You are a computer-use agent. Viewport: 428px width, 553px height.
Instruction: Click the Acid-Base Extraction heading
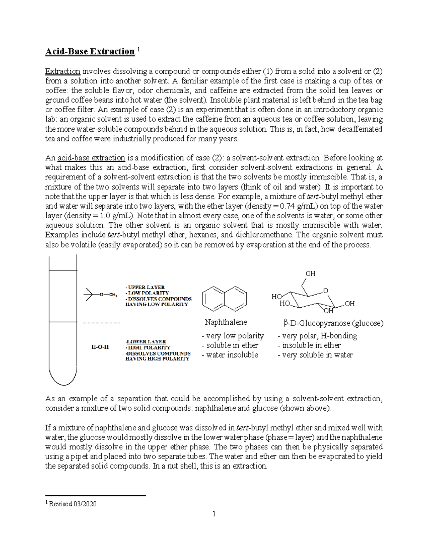tap(90, 52)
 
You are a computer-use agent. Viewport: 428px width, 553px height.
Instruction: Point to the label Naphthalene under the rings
tap(225, 322)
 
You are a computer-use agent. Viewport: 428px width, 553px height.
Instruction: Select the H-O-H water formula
tap(98, 347)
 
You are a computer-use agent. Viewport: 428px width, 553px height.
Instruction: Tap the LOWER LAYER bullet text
tap(146, 341)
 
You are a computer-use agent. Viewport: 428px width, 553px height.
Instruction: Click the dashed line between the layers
tap(101, 323)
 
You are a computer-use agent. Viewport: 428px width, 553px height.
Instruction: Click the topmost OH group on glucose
tap(310, 273)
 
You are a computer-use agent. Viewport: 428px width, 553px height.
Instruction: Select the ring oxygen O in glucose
tap(325, 291)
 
